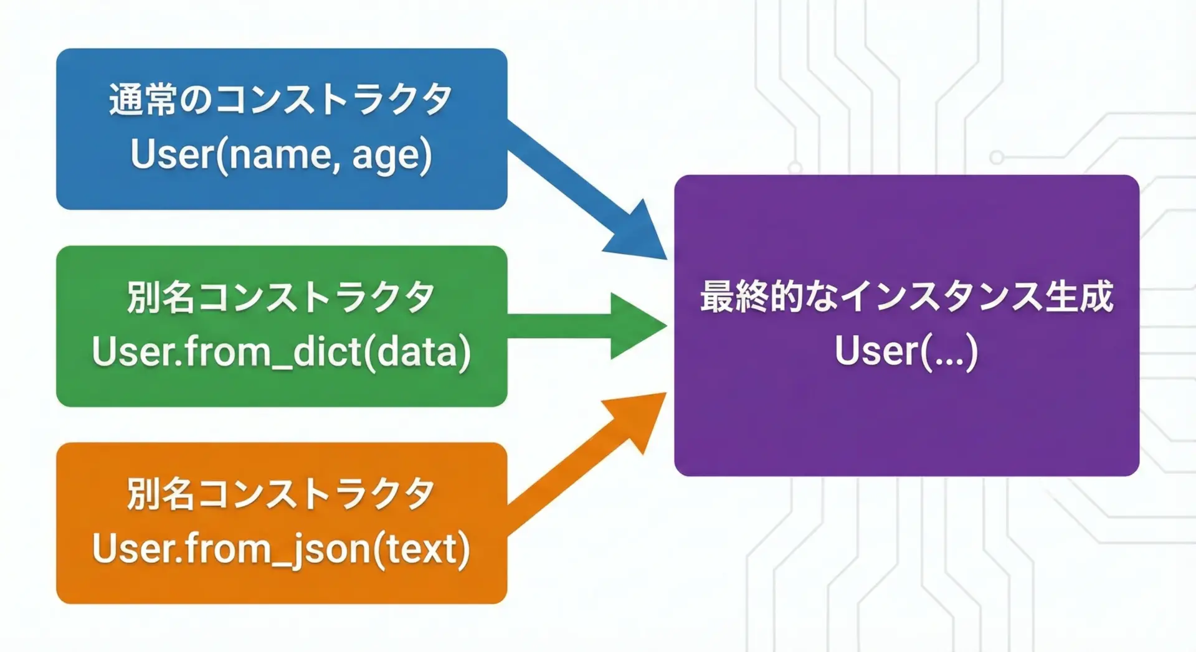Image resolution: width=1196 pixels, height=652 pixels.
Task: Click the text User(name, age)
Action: (x=281, y=154)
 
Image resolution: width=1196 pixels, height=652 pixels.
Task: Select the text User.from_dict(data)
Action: (x=281, y=351)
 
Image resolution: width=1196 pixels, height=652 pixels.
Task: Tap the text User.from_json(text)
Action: (x=281, y=549)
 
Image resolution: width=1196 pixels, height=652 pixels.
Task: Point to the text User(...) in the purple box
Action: (x=906, y=351)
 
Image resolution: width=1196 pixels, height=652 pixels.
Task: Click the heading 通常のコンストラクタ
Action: (x=281, y=100)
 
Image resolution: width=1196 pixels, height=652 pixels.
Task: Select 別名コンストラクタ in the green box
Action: (x=281, y=297)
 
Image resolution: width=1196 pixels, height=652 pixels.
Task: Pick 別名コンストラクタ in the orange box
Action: (x=281, y=494)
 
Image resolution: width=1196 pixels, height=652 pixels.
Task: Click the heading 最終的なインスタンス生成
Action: (x=906, y=296)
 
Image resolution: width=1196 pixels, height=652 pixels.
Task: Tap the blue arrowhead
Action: (x=638, y=234)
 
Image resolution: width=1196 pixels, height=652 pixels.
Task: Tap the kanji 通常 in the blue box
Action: (x=143, y=100)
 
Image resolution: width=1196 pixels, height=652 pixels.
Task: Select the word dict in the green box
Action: (x=326, y=351)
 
